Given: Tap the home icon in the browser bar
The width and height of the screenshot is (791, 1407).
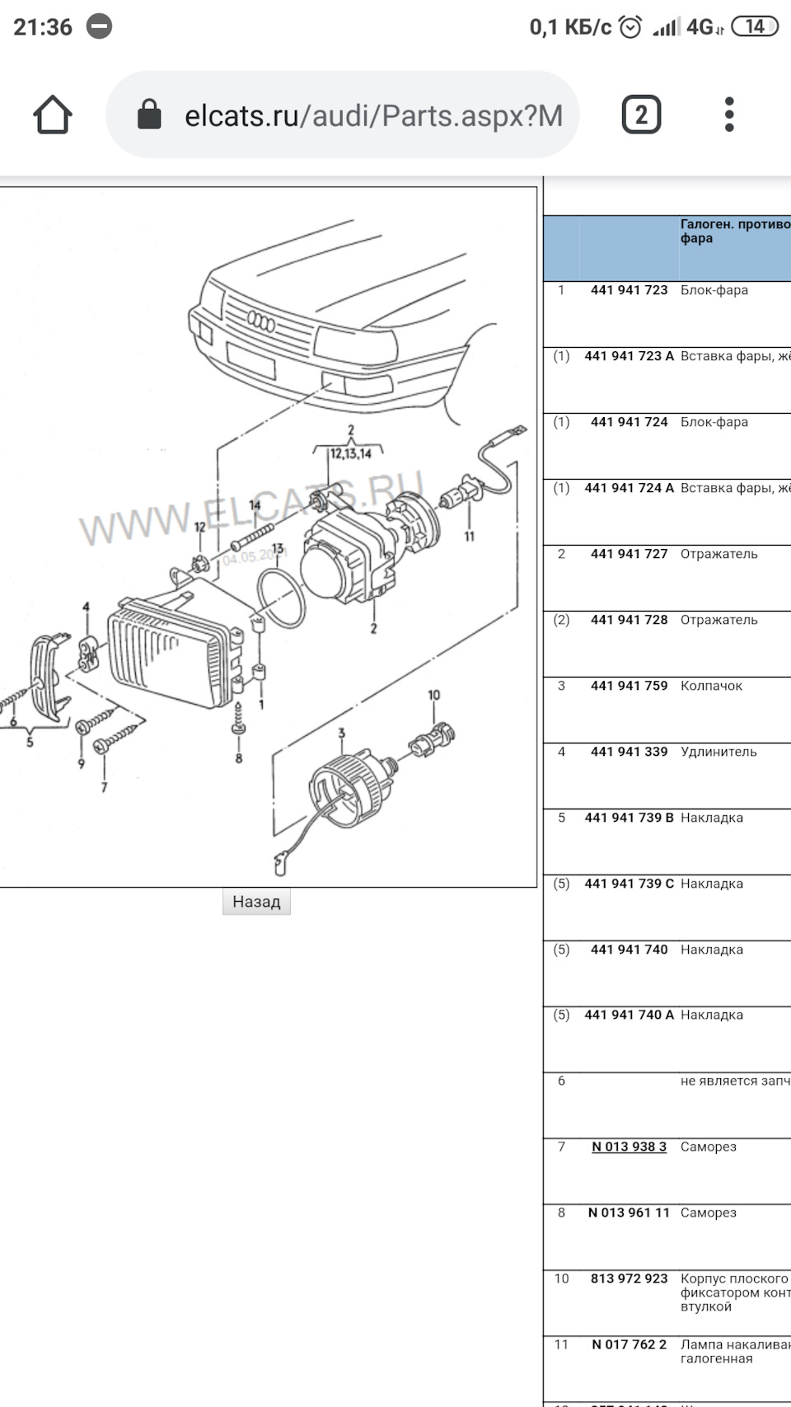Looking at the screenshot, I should [x=53, y=115].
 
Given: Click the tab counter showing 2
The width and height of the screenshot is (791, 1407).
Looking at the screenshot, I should [x=641, y=115].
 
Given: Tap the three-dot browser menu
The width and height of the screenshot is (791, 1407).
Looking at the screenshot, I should [x=729, y=115].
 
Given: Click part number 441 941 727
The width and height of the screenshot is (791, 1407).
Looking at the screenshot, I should [x=629, y=554].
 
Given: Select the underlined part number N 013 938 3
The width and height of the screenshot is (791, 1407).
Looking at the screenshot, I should [x=629, y=1147].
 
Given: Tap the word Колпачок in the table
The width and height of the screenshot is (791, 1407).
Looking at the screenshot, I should [x=711, y=686].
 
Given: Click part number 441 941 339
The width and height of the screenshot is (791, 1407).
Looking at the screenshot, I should [x=629, y=752].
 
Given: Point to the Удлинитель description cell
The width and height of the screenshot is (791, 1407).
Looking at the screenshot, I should [x=718, y=752].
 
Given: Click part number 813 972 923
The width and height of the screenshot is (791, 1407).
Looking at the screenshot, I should [x=629, y=1278].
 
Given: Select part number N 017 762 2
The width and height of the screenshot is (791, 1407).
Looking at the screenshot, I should [x=629, y=1344].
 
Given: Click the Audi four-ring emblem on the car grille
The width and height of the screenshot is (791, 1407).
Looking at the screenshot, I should [x=261, y=322].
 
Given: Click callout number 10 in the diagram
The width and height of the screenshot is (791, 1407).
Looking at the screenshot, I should [x=433, y=696].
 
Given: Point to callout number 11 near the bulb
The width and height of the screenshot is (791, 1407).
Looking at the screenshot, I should [x=469, y=537].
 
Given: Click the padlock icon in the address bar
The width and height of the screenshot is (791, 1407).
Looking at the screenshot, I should [x=149, y=115].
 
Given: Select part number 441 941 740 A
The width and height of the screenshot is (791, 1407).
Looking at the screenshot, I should [x=629, y=1015].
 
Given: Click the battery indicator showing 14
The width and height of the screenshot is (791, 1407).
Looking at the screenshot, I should [x=754, y=27].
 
